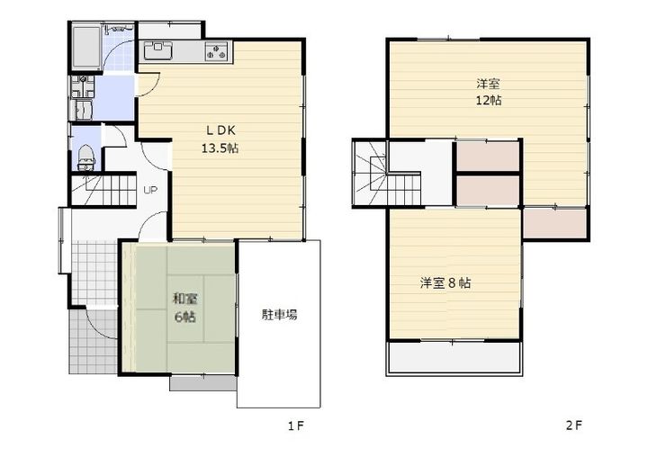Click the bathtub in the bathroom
pyautogui.click(x=88, y=42)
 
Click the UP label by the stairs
pyautogui.click(x=150, y=191)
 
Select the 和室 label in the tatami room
pyautogui.click(x=186, y=299)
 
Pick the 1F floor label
pyautogui.click(x=295, y=425)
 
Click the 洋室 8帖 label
pyautogui.click(x=445, y=282)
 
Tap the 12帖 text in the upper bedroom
pyautogui.click(x=489, y=100)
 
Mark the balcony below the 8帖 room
pyautogui.click(x=454, y=358)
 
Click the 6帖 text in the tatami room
pyautogui.click(x=187, y=317)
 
